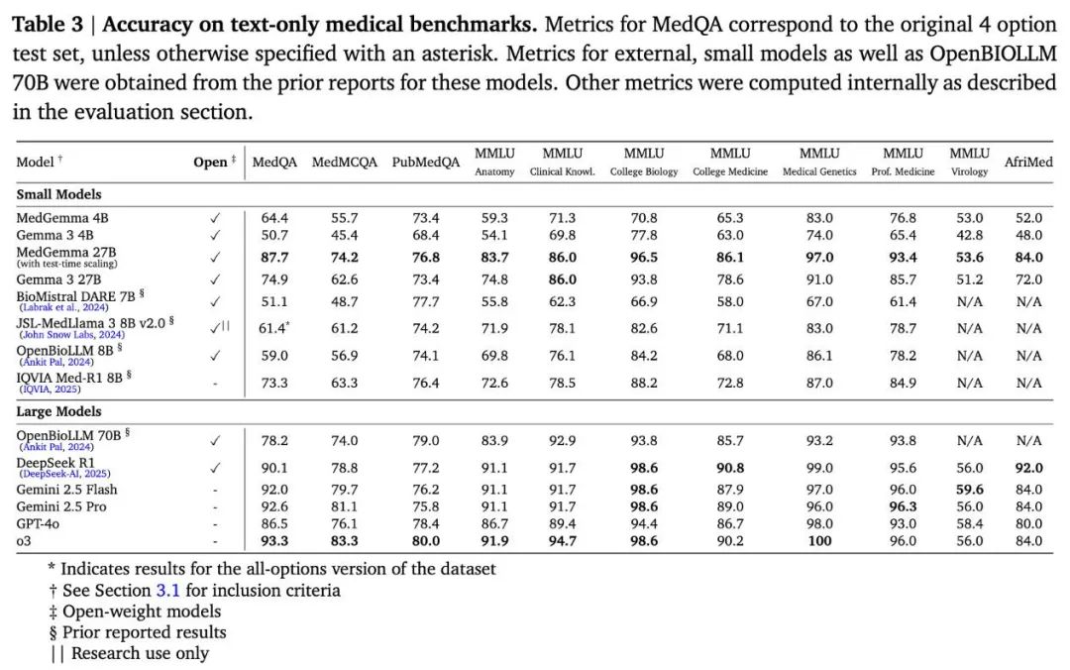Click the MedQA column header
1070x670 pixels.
[274, 162]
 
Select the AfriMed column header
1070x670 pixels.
[1028, 162]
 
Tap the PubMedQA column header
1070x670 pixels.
[426, 162]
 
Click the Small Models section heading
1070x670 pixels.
[58, 194]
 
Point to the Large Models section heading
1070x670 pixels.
[58, 412]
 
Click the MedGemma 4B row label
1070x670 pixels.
[62, 218]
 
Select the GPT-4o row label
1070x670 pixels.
[38, 524]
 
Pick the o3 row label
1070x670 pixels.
[24, 541]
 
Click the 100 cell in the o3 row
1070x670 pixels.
[819, 541]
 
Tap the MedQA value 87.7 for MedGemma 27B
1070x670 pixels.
[274, 258]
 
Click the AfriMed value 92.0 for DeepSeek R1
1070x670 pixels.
[1029, 468]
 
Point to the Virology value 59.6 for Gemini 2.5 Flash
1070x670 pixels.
[970, 490]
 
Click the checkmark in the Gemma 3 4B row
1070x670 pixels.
[215, 235]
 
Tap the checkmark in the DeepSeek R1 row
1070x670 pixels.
[215, 468]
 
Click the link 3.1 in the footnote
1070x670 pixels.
[167, 590]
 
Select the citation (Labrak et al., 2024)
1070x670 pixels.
[64, 307]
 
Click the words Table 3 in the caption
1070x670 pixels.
[48, 25]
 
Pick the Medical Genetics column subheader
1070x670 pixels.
[819, 172]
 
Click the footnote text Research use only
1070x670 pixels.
[140, 653]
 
